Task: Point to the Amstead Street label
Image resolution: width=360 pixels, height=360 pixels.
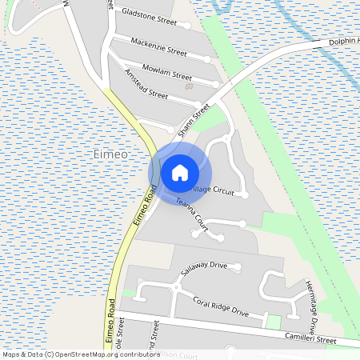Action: pos(146,84)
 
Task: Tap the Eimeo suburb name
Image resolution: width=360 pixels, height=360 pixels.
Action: pos(110,154)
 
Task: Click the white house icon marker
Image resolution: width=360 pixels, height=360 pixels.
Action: pos(180,171)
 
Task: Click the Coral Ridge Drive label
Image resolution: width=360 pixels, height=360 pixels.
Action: pos(222,306)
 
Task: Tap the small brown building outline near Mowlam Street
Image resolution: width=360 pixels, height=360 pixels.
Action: pos(188,86)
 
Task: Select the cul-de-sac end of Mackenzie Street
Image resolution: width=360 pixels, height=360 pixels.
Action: pos(207,59)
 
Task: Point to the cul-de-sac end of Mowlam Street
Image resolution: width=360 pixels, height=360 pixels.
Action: pos(216,83)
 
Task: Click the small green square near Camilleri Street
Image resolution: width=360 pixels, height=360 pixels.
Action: pos(273,322)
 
